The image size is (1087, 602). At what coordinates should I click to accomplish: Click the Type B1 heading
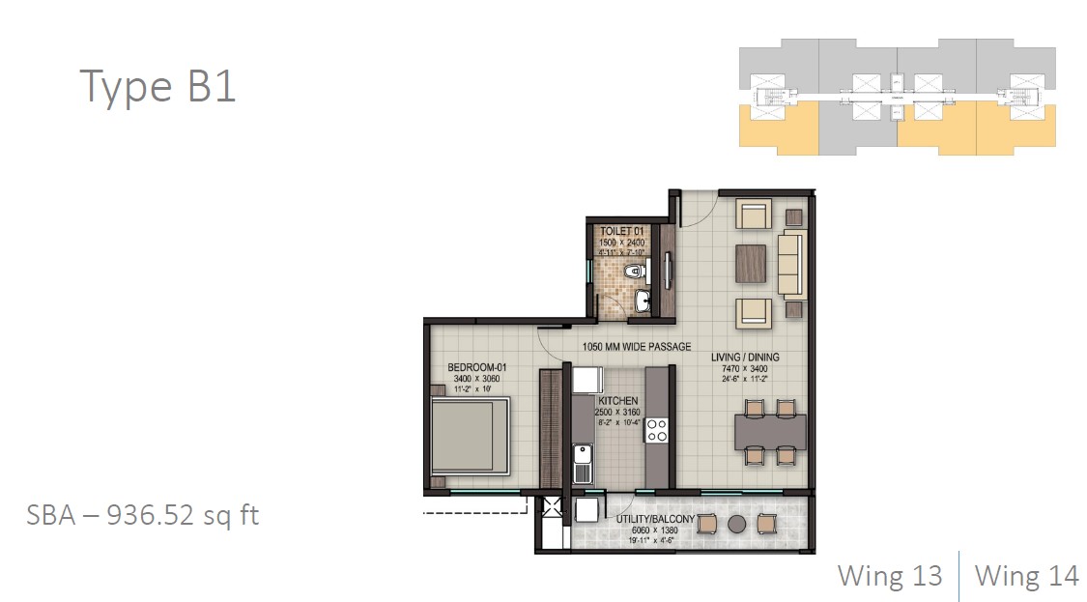[x=157, y=86]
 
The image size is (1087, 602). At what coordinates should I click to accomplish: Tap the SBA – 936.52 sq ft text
[x=142, y=515]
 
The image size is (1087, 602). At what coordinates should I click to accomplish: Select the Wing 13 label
[x=889, y=576]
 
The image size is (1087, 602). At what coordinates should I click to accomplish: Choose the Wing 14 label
[x=1026, y=576]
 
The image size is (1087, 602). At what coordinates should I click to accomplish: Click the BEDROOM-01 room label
[x=477, y=368]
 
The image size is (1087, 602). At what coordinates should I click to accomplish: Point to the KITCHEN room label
[x=618, y=400]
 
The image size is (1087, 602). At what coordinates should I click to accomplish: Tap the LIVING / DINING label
[x=744, y=358]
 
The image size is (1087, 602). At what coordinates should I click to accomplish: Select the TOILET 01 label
[x=622, y=232]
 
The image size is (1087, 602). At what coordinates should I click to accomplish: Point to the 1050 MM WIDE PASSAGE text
[x=636, y=347]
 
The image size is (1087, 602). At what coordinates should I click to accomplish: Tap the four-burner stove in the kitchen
[x=657, y=430]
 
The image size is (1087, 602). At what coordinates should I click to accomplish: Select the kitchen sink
[x=583, y=464]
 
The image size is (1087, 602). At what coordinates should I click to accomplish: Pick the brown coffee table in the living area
[x=751, y=263]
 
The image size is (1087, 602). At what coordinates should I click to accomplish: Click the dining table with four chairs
[x=770, y=431]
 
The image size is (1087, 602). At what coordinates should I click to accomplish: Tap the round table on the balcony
[x=735, y=523]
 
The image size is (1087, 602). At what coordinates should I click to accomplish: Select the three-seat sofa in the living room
[x=790, y=264]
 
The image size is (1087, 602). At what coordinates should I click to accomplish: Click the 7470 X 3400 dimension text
[x=744, y=369]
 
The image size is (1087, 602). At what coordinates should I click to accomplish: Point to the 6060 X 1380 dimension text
[x=652, y=530]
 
